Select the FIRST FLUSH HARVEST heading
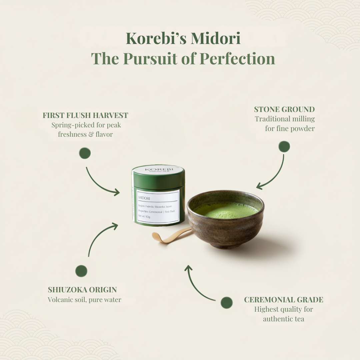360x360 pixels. tap(85, 115)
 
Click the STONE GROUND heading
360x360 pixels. tap(284, 109)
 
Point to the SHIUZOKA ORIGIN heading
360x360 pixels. tap(82, 290)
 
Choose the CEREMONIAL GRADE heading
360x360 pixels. tap(284, 300)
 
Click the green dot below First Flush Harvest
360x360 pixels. tap(85, 153)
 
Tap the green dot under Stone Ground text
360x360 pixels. tap(284, 147)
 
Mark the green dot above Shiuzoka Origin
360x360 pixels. tap(81, 271)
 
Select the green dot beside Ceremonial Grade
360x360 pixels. tap(227, 303)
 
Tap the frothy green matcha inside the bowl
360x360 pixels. tap(226, 210)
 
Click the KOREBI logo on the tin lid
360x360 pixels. tap(158, 169)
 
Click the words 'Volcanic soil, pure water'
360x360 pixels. tap(84, 300)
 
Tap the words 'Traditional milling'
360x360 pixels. tap(285, 119)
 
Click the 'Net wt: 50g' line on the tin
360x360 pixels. tap(144, 217)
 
